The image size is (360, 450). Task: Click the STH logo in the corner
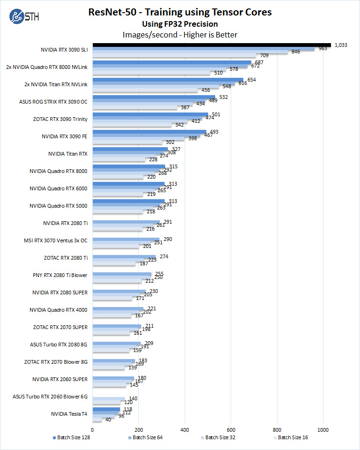point(24,18)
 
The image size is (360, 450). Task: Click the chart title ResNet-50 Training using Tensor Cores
point(180,12)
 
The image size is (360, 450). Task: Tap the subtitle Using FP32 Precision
point(180,24)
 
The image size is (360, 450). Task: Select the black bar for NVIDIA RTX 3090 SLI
point(211,45)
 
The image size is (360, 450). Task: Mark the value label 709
point(263,56)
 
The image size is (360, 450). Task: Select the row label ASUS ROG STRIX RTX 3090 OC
point(53,101)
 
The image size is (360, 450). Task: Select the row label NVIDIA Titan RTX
point(67,153)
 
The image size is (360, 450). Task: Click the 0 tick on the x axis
point(92,429)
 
